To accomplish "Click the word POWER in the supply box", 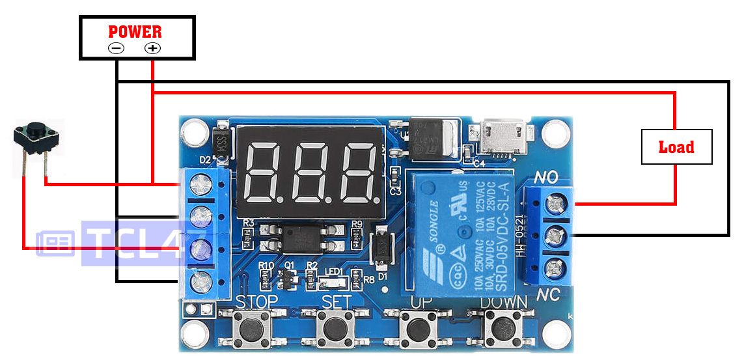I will (x=135, y=31).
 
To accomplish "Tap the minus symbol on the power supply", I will (x=116, y=48).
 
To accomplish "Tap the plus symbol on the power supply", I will (x=152, y=48).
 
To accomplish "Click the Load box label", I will (x=676, y=147).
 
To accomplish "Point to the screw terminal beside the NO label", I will (x=554, y=204).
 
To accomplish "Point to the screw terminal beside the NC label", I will (x=554, y=268).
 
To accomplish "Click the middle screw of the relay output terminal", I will (x=554, y=236).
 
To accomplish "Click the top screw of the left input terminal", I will (x=200, y=185).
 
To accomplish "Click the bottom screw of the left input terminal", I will (x=200, y=281).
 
